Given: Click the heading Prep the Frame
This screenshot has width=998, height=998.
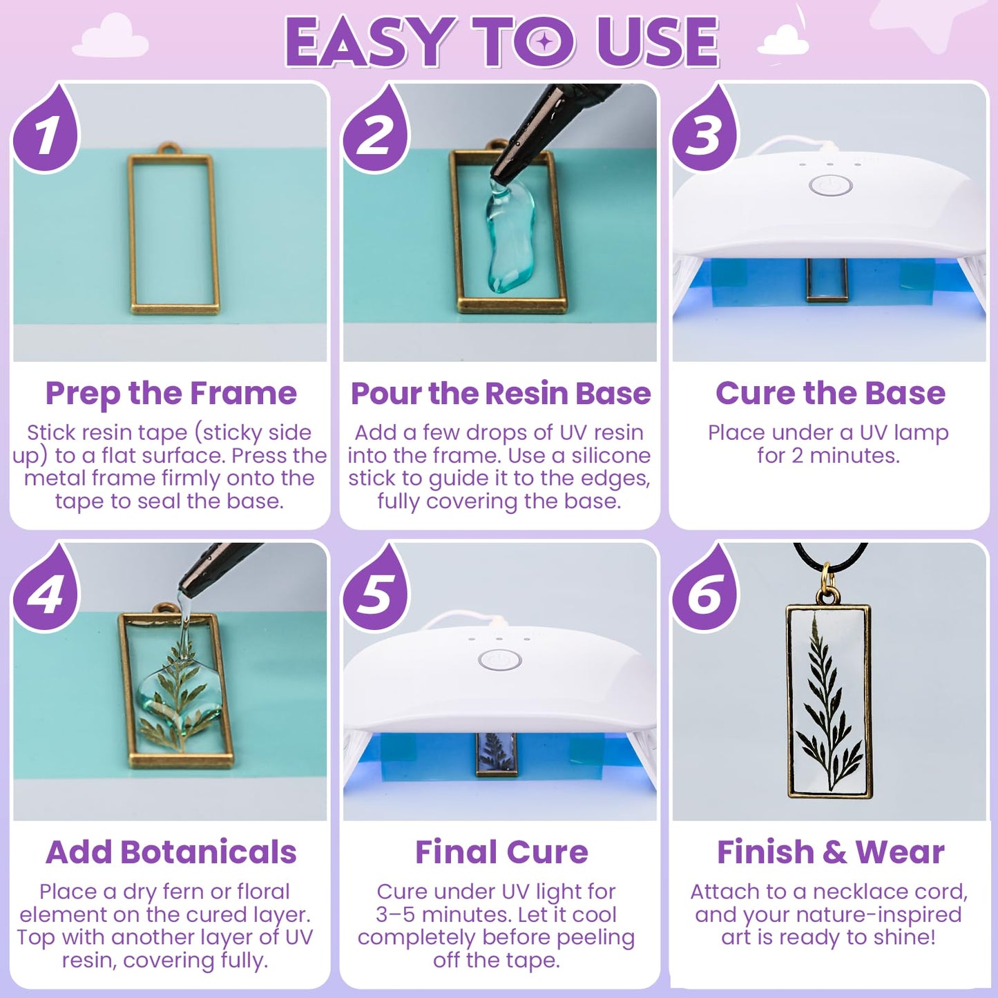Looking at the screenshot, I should [171, 393].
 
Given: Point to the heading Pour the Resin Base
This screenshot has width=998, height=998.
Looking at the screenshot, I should [500, 393].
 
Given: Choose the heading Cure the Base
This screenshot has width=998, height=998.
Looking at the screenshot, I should [829, 393].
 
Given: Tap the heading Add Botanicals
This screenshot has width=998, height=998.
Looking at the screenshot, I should [171, 852].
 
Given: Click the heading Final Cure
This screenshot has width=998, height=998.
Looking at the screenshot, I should [501, 852].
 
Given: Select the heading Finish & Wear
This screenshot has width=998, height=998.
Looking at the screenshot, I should [829, 852].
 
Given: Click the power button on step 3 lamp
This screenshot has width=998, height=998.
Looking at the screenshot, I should [830, 185].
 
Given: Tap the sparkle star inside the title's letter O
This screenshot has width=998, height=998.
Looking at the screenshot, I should [545, 41].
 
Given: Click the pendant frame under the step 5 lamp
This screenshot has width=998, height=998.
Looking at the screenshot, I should [495, 754].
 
